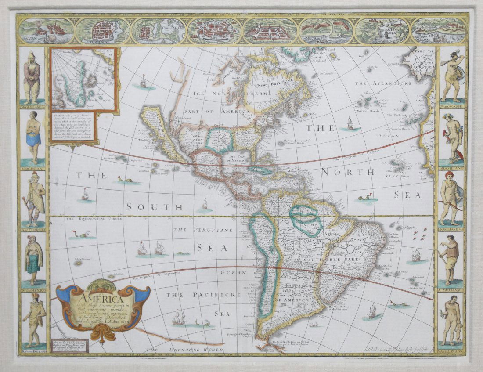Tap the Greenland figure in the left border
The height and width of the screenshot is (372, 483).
tap(31, 77)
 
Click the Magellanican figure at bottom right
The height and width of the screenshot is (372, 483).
tap(452, 321)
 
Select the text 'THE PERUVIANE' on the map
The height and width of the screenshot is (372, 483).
tap(202, 230)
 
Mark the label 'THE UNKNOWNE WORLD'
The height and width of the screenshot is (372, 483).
tap(184, 350)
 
